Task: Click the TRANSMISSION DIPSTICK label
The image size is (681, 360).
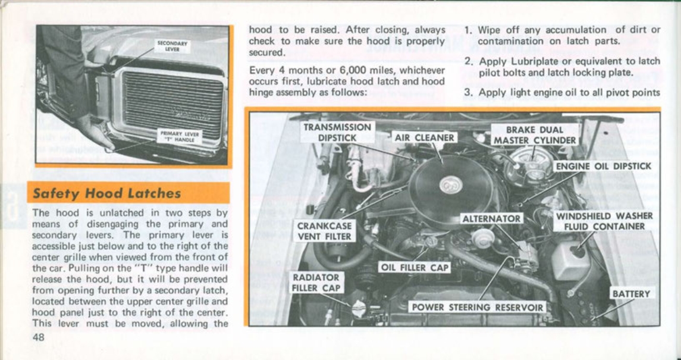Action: [338, 132]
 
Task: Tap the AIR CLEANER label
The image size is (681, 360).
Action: [425, 138]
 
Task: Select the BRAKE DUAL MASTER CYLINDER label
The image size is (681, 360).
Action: [534, 135]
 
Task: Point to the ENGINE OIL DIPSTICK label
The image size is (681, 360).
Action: [603, 167]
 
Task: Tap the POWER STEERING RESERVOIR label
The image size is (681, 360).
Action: [478, 308]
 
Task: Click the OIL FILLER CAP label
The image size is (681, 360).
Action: [415, 267]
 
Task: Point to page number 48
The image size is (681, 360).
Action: [39, 337]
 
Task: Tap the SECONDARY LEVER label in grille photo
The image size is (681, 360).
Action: [172, 46]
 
